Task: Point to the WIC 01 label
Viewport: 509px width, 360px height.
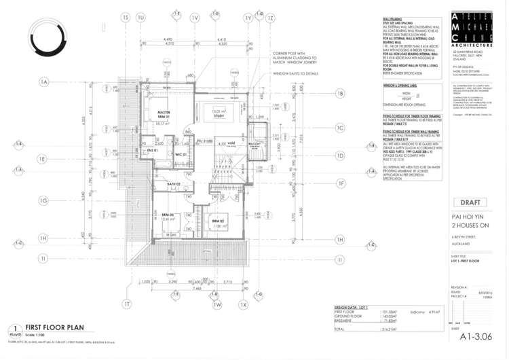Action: point(181,156)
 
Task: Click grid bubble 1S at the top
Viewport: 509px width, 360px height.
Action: point(125,18)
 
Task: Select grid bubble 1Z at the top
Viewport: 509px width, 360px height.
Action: point(269,18)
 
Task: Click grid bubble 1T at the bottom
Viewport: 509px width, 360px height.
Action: point(126,305)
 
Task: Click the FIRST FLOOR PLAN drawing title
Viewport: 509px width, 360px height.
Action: point(54,327)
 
